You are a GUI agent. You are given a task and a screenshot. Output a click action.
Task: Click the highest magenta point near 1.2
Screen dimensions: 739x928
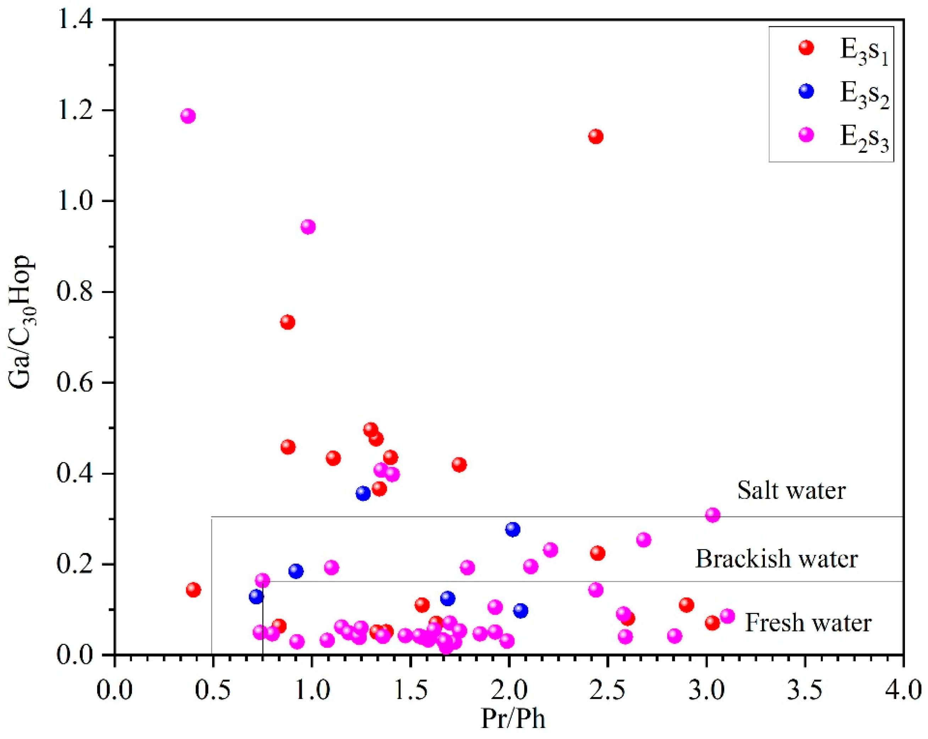tap(188, 115)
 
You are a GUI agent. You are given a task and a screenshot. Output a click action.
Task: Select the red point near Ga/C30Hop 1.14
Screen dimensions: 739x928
tap(596, 137)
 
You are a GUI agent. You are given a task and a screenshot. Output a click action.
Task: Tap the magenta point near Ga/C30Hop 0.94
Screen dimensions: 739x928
tap(308, 226)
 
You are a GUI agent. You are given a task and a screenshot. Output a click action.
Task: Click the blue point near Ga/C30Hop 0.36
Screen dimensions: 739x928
tap(363, 493)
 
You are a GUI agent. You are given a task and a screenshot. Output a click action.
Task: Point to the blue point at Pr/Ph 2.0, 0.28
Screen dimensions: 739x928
tap(513, 529)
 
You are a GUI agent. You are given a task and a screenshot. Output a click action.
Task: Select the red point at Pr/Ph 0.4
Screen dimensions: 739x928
tap(193, 589)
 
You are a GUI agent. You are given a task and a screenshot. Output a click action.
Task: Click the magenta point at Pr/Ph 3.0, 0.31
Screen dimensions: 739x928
tap(713, 515)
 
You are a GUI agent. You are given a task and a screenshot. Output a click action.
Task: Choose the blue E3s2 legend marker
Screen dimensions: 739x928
tap(806, 91)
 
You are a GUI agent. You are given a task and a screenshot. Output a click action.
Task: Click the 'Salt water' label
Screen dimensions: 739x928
tap(791, 490)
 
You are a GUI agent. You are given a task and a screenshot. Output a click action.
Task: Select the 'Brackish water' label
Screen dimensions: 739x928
tap(777, 559)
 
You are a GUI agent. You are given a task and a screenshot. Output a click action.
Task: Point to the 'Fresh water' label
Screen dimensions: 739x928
tap(808, 623)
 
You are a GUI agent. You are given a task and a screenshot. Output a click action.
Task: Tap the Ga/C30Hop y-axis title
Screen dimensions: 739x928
tap(22, 323)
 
